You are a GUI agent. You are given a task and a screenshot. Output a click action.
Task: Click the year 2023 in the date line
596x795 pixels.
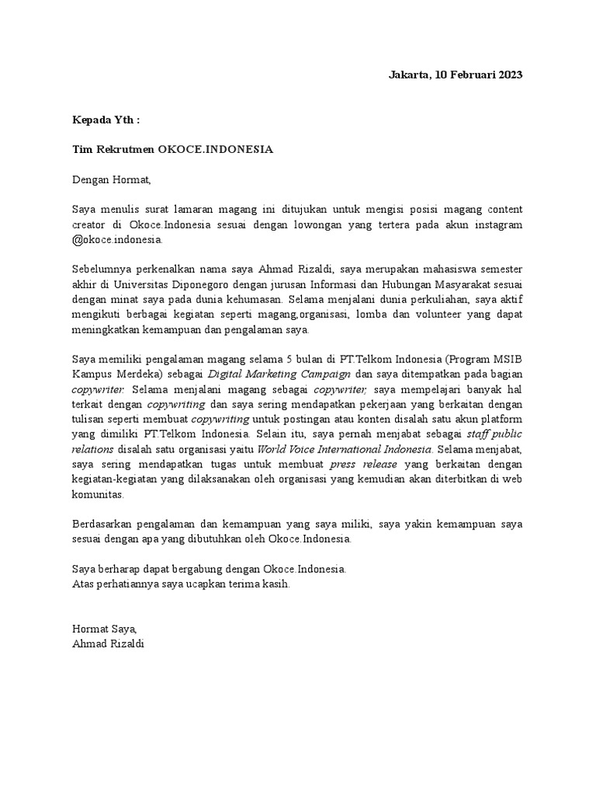coord(508,75)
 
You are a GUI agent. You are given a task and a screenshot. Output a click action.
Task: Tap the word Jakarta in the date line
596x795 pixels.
coord(407,75)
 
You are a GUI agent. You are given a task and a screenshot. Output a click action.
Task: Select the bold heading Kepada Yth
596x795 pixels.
coord(106,120)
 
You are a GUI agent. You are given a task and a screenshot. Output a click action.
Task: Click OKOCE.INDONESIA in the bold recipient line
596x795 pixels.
coord(216,150)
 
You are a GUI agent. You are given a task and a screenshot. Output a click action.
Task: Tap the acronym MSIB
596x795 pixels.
coord(508,359)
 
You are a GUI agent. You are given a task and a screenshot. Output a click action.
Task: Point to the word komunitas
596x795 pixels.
coord(97,495)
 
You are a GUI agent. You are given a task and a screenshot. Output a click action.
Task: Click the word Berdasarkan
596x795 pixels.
coord(103,524)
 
